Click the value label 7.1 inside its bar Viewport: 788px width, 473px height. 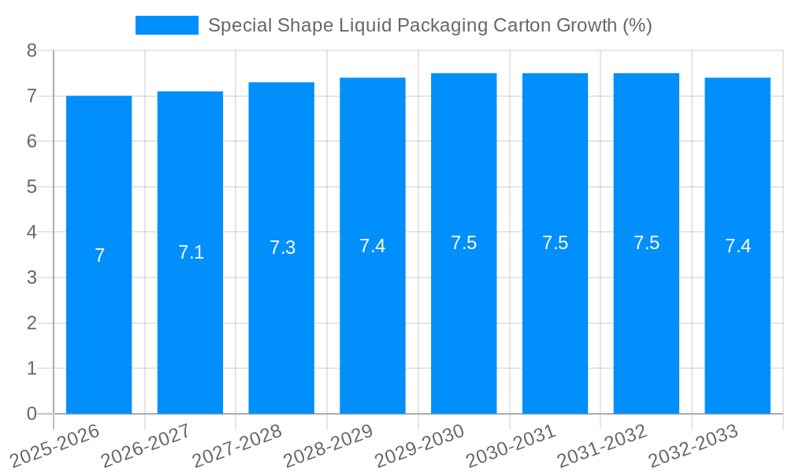(191, 252)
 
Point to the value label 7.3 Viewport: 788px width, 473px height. (282, 248)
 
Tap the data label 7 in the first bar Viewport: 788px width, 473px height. (99, 255)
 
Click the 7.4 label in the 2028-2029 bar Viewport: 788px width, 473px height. (373, 246)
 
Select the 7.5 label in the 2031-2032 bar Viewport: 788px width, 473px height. (646, 243)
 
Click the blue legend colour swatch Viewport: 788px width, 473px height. (166, 25)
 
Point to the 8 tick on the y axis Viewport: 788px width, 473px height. (32, 50)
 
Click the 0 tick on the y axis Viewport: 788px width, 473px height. (32, 414)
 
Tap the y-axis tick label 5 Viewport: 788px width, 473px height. (32, 187)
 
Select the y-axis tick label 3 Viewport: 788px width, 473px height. (32, 277)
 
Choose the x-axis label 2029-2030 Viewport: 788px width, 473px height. (419, 446)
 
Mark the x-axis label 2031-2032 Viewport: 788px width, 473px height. (602, 446)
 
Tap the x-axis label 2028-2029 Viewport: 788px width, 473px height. (328, 446)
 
